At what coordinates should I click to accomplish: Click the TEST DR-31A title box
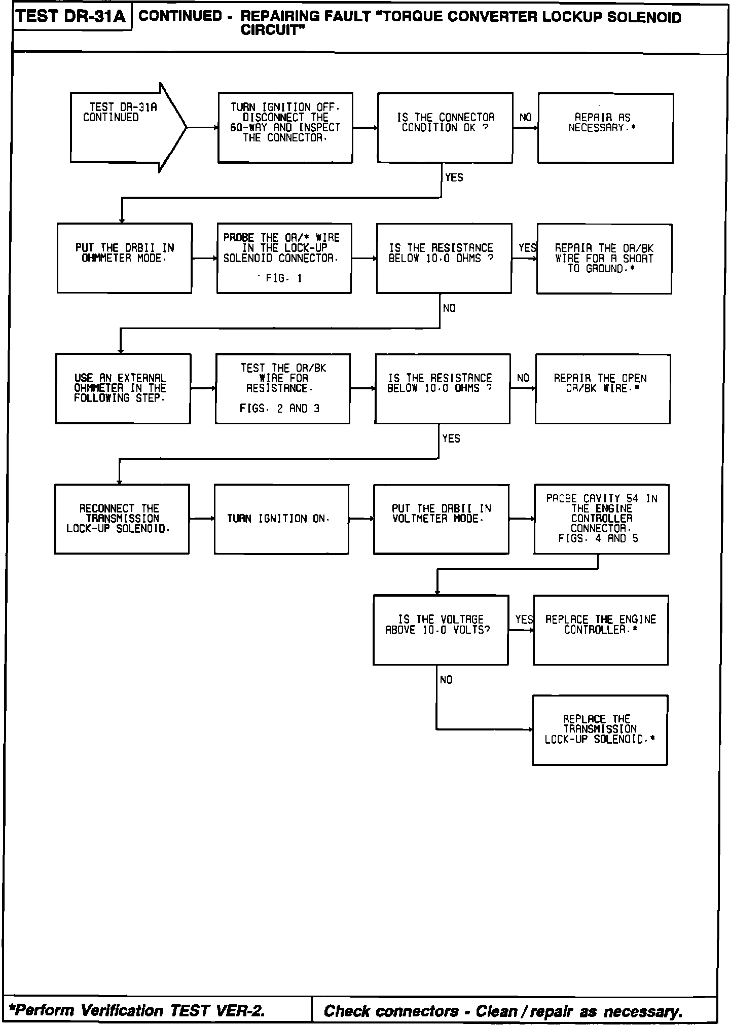[x=71, y=17]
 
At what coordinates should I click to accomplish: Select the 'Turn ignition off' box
[x=285, y=128]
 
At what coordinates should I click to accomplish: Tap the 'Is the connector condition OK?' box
[x=445, y=128]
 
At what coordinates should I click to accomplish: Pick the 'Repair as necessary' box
[x=605, y=128]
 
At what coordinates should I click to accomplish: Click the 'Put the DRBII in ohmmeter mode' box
[x=125, y=258]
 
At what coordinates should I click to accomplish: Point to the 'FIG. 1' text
[x=283, y=278]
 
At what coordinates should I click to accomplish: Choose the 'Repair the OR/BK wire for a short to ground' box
[x=604, y=259]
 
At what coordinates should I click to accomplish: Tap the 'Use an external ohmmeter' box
[x=123, y=388]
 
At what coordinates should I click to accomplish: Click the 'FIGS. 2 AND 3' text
[x=280, y=409]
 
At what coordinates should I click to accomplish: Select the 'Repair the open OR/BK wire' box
[x=602, y=389]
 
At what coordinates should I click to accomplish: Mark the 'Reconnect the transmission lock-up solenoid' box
[x=122, y=519]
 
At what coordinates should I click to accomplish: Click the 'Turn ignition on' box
[x=281, y=519]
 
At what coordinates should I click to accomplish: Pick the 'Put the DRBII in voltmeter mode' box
[x=441, y=519]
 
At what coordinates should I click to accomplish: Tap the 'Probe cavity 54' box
[x=601, y=519]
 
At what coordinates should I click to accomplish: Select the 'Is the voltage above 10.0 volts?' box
[x=440, y=630]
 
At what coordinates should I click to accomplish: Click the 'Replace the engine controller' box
[x=600, y=630]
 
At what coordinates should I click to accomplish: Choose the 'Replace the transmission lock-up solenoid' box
[x=600, y=729]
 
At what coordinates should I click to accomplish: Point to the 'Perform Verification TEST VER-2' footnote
[x=140, y=1011]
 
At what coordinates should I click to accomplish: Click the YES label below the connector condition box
[x=454, y=177]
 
